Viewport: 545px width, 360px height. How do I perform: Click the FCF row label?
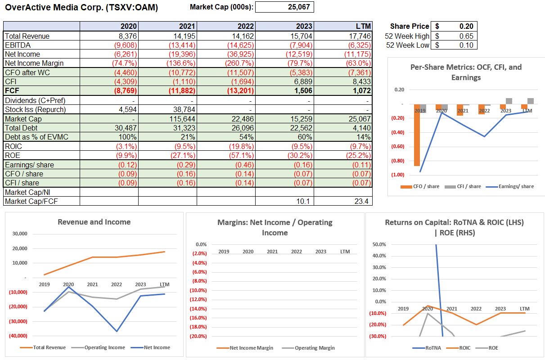point(12,90)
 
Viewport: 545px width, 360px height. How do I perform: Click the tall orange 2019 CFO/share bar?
point(417,135)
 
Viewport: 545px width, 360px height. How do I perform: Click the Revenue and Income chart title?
point(94,222)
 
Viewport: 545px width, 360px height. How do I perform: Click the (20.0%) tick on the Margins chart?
point(198,336)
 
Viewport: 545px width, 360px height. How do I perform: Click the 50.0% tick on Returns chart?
point(379,244)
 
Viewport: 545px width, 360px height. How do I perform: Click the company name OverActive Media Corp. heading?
point(81,8)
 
